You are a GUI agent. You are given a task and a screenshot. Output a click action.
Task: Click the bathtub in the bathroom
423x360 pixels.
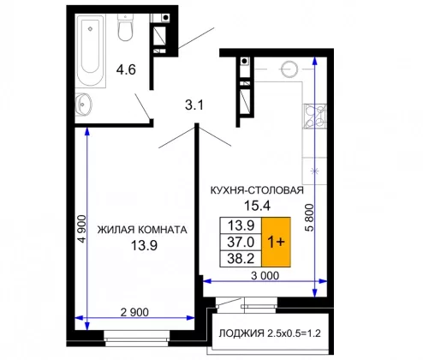[91, 51]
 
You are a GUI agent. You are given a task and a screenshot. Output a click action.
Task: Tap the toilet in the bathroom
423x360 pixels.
[125, 27]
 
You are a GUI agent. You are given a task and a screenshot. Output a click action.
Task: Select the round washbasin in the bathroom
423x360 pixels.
[83, 105]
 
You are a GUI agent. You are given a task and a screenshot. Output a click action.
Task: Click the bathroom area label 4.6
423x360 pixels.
[126, 69]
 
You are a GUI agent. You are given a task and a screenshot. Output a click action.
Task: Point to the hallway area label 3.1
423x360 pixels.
[194, 105]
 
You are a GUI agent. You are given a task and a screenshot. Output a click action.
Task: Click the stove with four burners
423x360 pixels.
[315, 116]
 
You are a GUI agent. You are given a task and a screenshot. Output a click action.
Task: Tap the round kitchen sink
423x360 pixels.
[289, 69]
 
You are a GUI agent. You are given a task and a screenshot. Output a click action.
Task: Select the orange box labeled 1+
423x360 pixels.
[276, 242]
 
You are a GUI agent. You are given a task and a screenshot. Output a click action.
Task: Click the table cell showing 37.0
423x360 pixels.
[241, 243]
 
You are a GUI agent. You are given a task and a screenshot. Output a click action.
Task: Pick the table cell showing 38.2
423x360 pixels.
[241, 259]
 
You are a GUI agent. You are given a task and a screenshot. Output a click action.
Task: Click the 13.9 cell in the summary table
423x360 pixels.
[241, 225]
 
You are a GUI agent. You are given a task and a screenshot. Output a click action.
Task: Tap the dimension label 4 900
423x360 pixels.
[82, 229]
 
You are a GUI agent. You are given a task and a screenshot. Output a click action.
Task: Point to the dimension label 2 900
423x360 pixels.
[134, 312]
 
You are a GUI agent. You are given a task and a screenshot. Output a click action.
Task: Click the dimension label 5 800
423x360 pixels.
[309, 218]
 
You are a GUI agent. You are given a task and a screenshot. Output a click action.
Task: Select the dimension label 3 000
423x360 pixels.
[265, 276]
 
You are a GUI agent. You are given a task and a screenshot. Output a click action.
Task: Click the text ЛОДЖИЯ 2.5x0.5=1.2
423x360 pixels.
[270, 333]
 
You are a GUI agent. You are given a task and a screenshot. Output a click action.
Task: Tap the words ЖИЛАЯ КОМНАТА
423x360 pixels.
[142, 230]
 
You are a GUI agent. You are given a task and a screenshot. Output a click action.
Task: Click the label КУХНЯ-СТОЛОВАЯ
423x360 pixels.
[257, 190]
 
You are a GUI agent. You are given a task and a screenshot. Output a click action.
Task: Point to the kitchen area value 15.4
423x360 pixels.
[257, 206]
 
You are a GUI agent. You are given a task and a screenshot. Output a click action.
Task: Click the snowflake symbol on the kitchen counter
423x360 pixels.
[314, 171]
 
